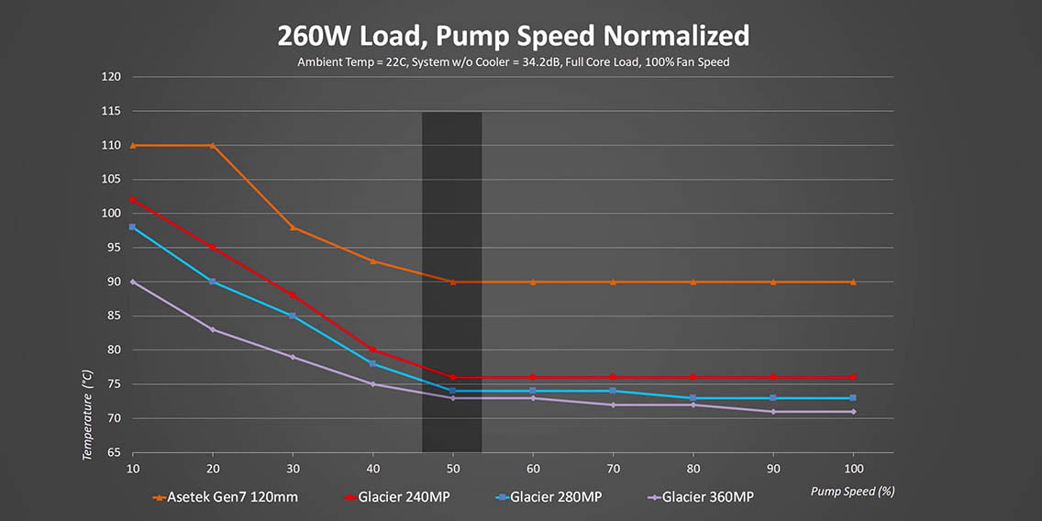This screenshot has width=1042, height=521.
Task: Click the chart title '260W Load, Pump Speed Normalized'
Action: pos(514,35)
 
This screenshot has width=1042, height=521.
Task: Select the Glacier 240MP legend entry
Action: pos(405,496)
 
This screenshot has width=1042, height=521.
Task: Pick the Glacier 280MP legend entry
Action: pos(556,496)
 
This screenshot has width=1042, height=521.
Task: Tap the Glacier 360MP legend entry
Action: pos(707,496)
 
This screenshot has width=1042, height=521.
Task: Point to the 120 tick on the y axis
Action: pos(111,77)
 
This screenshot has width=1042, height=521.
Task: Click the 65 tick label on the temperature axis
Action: pos(114,452)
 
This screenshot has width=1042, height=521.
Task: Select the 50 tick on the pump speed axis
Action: pos(453,467)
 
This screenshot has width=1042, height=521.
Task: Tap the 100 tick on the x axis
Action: pos(853,467)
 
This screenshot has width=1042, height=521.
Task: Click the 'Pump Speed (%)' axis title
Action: pos(852,491)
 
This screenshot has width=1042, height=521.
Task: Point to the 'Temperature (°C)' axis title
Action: pos(88,414)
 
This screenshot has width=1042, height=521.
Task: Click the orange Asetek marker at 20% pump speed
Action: pos(213,146)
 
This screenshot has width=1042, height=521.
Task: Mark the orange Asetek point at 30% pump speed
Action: pos(293,227)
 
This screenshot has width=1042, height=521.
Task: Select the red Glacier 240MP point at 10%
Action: pos(133,200)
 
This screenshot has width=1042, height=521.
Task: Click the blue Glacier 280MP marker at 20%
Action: pos(213,282)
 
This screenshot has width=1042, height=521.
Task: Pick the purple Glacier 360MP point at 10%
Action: pos(133,282)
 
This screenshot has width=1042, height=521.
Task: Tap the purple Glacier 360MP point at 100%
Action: pos(853,412)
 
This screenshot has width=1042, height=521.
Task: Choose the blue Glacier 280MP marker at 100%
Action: pos(853,398)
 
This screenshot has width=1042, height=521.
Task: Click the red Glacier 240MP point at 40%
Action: pos(372,349)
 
